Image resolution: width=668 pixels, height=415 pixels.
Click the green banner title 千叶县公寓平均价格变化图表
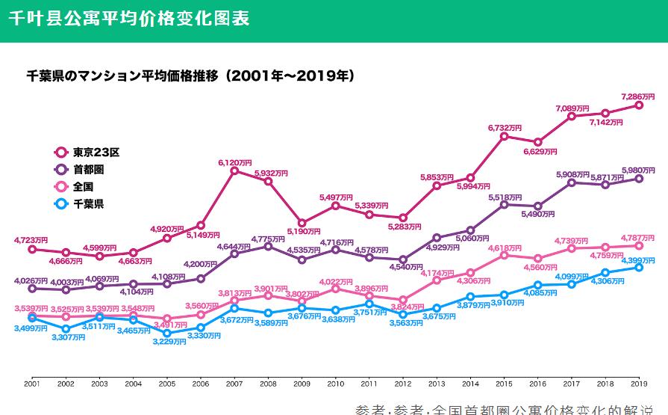click(130, 18)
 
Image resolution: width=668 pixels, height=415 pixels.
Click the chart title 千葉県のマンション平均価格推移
click(190, 76)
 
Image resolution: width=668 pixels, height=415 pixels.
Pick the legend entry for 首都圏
click(82, 169)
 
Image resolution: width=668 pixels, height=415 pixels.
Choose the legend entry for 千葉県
click(82, 203)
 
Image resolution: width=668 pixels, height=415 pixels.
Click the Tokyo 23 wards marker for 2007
click(234, 170)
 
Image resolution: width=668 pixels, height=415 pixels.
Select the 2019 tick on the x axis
click(638, 382)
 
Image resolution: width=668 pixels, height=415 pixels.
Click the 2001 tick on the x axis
click(31, 382)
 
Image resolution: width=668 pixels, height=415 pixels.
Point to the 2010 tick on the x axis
click(335, 382)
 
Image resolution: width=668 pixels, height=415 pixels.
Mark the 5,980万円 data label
click(640, 168)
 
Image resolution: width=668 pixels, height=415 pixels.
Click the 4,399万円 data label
click(640, 259)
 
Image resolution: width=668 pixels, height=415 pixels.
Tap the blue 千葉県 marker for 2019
click(639, 267)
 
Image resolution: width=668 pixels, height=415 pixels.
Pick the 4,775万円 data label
click(268, 238)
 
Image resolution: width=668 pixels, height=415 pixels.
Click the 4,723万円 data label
click(31, 240)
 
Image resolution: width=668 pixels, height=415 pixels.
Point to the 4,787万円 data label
click(640, 236)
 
